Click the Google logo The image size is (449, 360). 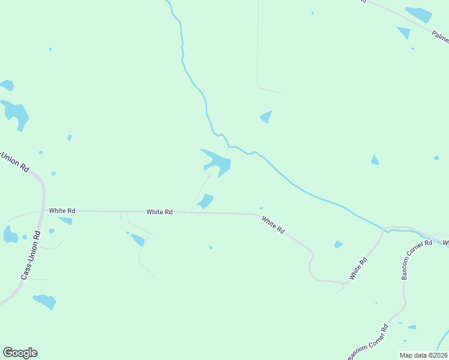point(20,353)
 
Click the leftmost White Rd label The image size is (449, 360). point(62,211)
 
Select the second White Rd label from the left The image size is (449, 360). point(160,212)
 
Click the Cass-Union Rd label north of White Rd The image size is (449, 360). point(14,162)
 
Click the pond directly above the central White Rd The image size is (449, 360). point(206,201)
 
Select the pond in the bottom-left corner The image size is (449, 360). point(45,301)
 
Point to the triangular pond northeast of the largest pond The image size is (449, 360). point(266,116)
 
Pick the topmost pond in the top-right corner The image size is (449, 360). point(418,14)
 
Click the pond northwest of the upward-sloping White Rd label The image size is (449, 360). point(339,244)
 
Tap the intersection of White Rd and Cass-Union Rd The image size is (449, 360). point(44,210)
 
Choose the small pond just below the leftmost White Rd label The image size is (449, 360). point(66,221)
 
